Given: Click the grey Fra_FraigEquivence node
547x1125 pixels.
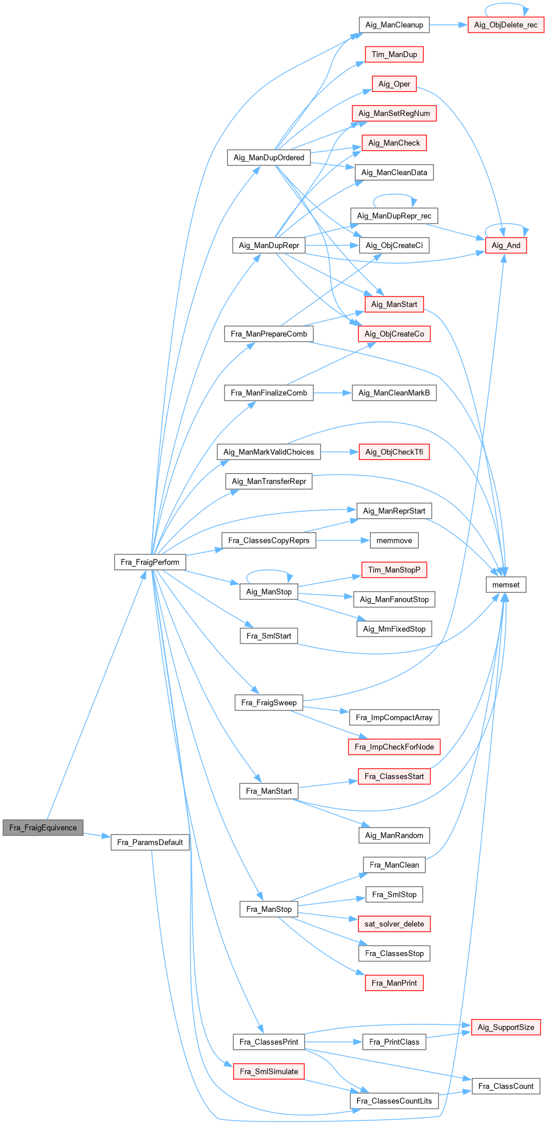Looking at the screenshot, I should tap(43, 827).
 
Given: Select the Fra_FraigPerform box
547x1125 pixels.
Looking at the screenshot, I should tap(150, 562).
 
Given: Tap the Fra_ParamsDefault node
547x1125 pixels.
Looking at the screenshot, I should tap(150, 842).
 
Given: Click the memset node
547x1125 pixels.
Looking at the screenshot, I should tap(506, 585).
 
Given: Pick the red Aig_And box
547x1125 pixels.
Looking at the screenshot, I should tap(506, 245).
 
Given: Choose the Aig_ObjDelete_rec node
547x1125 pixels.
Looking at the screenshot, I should tap(506, 24).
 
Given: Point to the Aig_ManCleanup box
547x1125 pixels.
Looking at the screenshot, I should tap(394, 24).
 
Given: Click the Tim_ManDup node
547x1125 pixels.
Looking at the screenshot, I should tap(394, 54).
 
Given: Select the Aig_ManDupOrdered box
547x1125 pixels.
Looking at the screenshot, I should tap(269, 157).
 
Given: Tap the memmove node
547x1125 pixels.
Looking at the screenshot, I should tap(394, 540).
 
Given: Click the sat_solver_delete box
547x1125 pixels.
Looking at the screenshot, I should tap(394, 924).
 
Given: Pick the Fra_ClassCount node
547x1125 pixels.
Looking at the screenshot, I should tap(506, 1086).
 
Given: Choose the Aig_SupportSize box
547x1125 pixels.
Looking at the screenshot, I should tap(506, 1027).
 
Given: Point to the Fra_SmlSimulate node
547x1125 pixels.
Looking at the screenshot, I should tap(269, 1071).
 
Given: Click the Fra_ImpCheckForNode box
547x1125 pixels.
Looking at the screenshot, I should tap(394, 747).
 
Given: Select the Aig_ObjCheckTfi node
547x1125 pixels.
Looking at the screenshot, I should tap(394, 452).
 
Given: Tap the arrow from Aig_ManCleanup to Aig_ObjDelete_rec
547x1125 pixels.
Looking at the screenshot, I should tap(449, 24).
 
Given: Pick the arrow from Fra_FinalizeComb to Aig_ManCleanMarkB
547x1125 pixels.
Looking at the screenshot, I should tap(333, 393).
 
